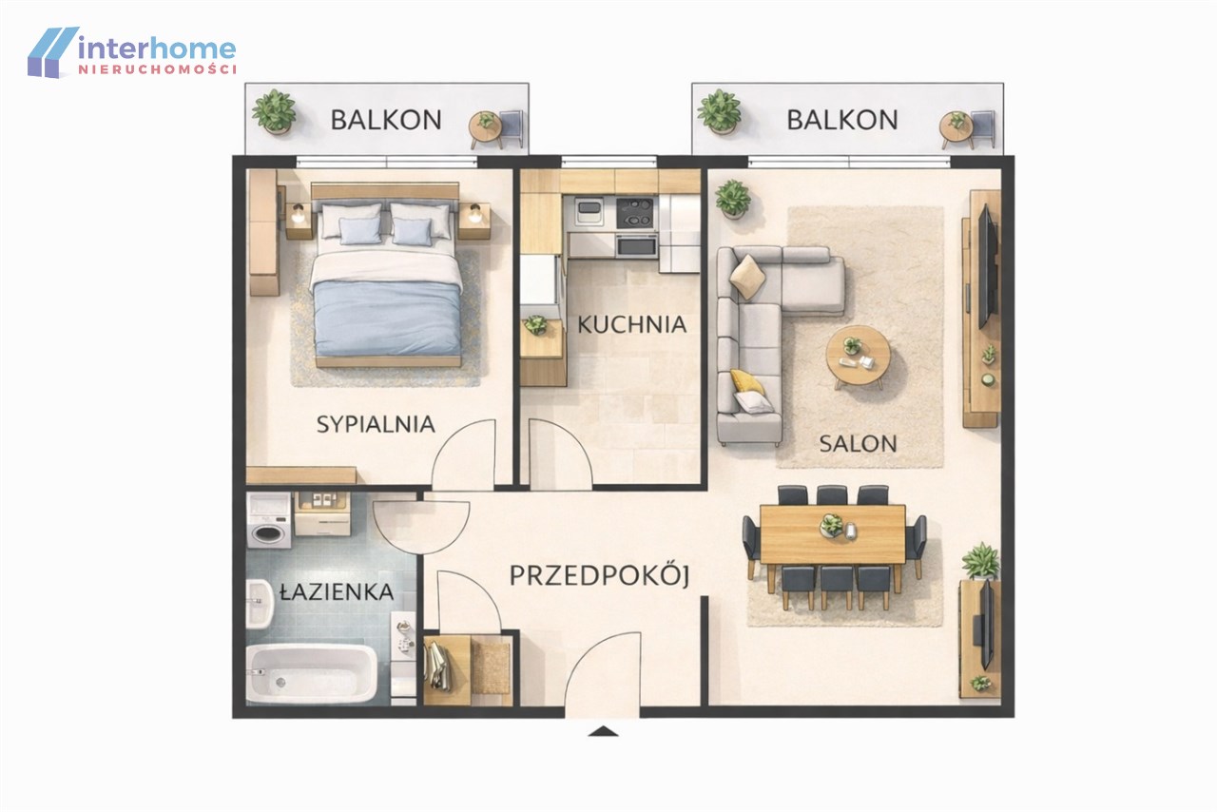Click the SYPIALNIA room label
[x=376, y=424]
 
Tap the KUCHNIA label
[x=632, y=324]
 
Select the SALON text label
[x=858, y=444]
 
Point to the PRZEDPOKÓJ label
[x=600, y=575]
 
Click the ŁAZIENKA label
[x=337, y=590]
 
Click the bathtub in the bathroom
[x=312, y=674]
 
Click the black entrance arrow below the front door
[x=603, y=731]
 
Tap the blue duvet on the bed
[x=387, y=318]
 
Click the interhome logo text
[x=157, y=48]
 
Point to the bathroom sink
[x=260, y=604]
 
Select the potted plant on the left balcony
[x=275, y=111]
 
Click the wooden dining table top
[x=832, y=534]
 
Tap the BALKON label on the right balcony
[x=842, y=120]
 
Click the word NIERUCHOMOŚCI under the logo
[x=158, y=69]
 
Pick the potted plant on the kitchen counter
[x=536, y=325]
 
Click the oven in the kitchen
[x=636, y=245]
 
